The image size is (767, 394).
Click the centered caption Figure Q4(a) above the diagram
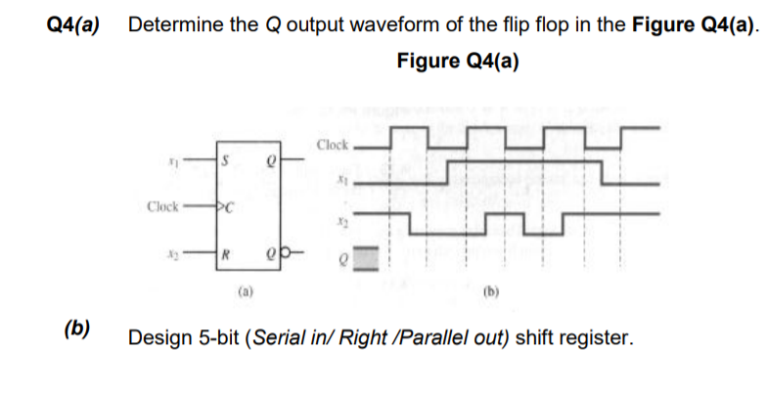pyautogui.click(x=458, y=61)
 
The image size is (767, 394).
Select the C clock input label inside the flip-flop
pyautogui.click(x=227, y=207)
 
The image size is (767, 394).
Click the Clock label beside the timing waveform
pyautogui.click(x=333, y=146)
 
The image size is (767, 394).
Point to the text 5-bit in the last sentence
pyautogui.click(x=215, y=338)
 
